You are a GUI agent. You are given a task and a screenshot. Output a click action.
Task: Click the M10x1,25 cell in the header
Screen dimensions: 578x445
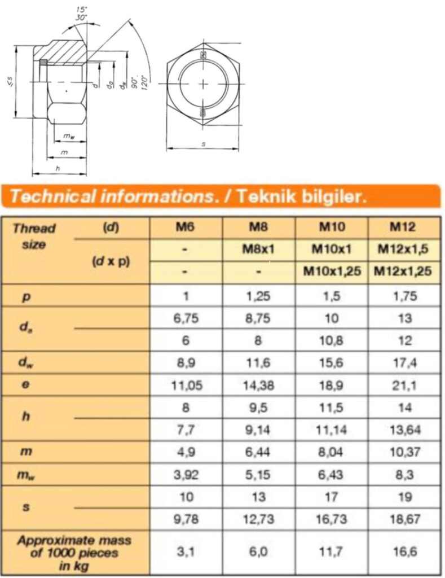coord(332,272)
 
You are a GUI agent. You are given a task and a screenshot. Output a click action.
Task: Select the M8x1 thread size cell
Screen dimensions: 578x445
coord(258,249)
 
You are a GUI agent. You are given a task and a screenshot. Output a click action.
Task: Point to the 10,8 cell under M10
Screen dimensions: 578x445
coord(332,341)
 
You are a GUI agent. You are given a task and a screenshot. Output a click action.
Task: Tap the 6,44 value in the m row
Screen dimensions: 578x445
coord(258,452)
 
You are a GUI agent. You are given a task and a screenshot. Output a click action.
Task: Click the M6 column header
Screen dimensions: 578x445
coord(186,227)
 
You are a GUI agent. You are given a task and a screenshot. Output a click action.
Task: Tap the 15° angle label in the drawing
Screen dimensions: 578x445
coord(82,10)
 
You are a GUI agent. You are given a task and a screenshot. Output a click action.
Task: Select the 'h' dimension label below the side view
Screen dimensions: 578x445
coord(58,168)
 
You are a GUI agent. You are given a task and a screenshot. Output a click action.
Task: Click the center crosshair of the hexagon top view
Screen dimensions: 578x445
coord(203,84)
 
